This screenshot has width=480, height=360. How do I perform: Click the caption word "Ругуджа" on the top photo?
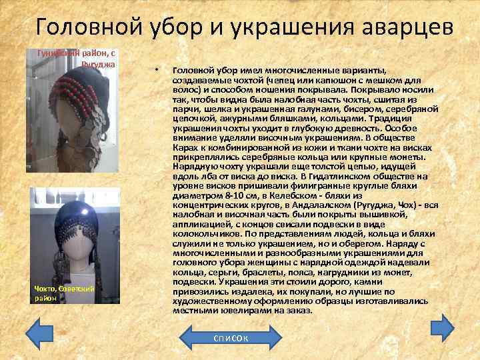pos(99,64)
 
